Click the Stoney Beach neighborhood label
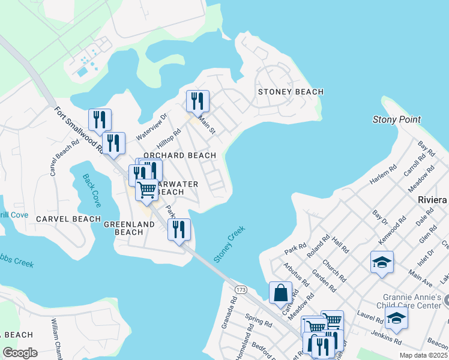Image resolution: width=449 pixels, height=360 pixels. click(291, 92)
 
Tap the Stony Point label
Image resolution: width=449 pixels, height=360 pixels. click(397, 119)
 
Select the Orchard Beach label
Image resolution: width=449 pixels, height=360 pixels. click(179, 155)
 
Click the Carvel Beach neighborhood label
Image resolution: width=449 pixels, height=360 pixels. click(68, 219)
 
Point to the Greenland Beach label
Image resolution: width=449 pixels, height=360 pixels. click(129, 228)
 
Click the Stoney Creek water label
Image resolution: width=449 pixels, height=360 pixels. click(229, 243)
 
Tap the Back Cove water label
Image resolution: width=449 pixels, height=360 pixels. click(92, 188)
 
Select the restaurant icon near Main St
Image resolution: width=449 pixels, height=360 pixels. click(197, 101)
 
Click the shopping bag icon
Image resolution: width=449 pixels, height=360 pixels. click(280, 293)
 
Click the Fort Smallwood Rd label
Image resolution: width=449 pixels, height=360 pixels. click(79, 132)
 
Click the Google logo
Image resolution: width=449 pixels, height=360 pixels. click(20, 352)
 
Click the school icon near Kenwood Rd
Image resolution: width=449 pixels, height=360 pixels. click(382, 262)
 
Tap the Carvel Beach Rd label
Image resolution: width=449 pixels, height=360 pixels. click(65, 158)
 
